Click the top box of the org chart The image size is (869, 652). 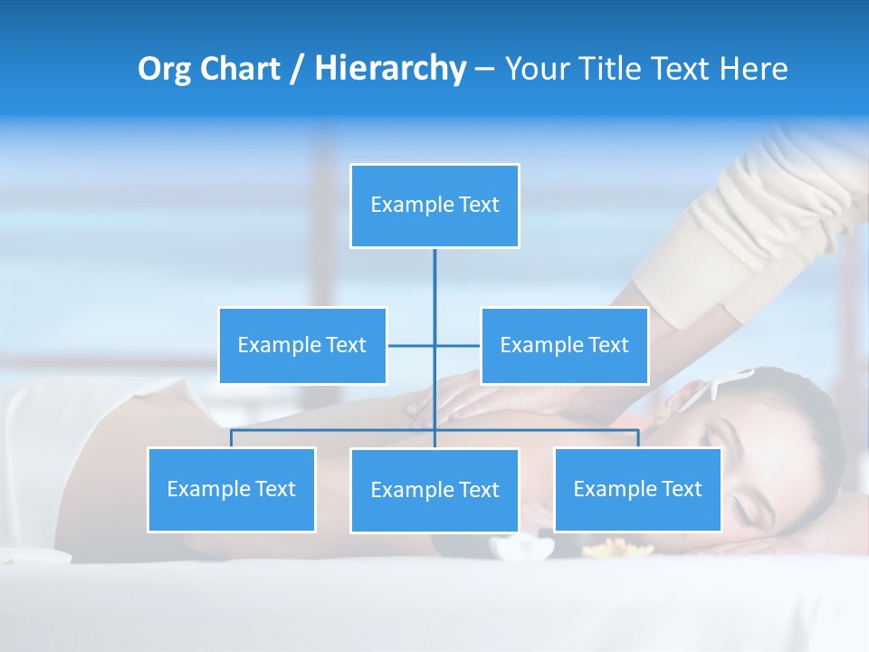click(x=434, y=206)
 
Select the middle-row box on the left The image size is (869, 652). click(x=302, y=346)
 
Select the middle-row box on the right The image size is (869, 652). click(x=564, y=346)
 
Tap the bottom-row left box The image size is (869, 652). click(x=232, y=490)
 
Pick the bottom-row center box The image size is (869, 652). click(x=434, y=491)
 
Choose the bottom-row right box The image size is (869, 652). click(x=637, y=490)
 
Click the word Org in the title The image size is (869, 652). click(x=164, y=69)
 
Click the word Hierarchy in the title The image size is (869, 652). click(x=389, y=69)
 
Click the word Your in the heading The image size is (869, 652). click(x=535, y=69)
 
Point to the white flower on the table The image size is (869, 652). click(x=522, y=546)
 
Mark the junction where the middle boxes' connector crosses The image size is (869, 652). click(x=434, y=346)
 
